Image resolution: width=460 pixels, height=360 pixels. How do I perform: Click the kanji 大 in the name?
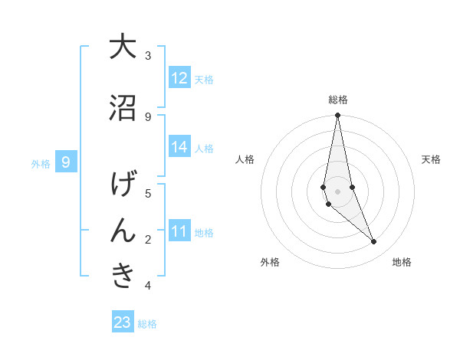pyautogui.click(x=123, y=47)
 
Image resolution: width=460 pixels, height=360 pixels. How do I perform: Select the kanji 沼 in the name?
pyautogui.click(x=123, y=108)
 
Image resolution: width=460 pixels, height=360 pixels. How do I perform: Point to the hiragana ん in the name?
pyautogui.click(x=123, y=231)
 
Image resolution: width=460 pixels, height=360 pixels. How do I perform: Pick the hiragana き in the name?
pyautogui.click(x=123, y=277)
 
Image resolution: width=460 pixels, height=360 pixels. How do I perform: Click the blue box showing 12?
pyautogui.click(x=179, y=78)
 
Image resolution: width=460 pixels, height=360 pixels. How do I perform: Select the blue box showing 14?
pyautogui.click(x=179, y=147)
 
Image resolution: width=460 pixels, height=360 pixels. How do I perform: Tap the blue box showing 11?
pyautogui.click(x=179, y=231)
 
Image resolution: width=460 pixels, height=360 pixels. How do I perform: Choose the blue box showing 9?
pyautogui.click(x=66, y=162)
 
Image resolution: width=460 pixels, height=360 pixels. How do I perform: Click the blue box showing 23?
pyautogui.click(x=123, y=322)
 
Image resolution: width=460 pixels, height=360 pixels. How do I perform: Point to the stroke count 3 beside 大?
pyautogui.click(x=148, y=56)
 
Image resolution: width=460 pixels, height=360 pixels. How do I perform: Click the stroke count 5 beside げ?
pyautogui.click(x=148, y=194)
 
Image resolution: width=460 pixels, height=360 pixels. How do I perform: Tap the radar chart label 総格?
pyautogui.click(x=338, y=100)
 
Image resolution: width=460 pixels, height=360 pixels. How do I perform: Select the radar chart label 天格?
pyautogui.click(x=432, y=159)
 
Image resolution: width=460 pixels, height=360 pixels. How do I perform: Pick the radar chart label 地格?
pyautogui.click(x=402, y=262)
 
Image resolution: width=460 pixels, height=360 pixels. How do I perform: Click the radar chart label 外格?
pyautogui.click(x=270, y=262)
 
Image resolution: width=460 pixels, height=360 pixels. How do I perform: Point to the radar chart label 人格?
pyautogui.click(x=245, y=159)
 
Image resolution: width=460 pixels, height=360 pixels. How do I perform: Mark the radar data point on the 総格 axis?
pyautogui.click(x=337, y=116)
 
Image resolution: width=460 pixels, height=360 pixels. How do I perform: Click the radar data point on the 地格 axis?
pyautogui.click(x=374, y=242)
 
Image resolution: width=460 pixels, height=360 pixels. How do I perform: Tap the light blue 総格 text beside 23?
pyautogui.click(x=147, y=324)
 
